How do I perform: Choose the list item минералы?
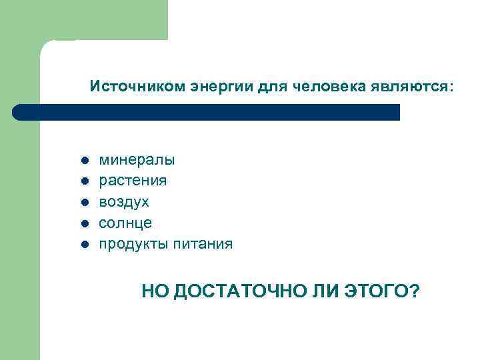point(137,160)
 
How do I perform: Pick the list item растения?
point(133,181)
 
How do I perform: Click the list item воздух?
point(124,201)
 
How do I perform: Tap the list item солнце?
point(125,223)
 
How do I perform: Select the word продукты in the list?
point(132,244)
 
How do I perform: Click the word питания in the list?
point(202,244)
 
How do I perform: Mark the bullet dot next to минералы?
point(85,161)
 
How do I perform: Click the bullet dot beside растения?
point(85,181)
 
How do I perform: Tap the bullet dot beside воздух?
point(85,202)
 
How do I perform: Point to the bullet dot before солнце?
point(85,223)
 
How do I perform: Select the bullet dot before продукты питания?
point(85,244)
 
